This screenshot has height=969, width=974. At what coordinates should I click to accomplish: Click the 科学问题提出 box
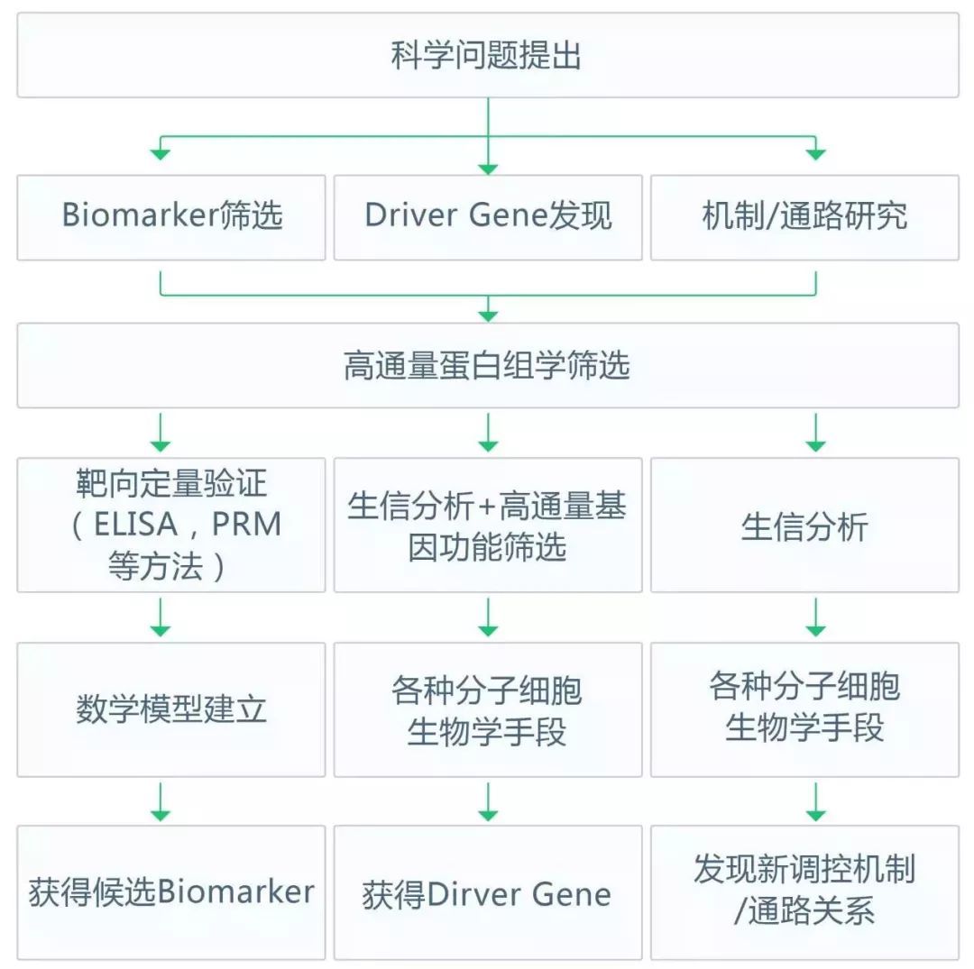point(487,56)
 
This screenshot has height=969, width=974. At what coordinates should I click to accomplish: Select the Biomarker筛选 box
point(171,217)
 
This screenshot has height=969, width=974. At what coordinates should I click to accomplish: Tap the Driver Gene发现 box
point(488,217)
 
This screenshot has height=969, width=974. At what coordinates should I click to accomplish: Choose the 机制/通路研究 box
point(804,217)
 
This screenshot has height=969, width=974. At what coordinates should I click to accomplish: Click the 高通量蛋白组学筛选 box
point(487,365)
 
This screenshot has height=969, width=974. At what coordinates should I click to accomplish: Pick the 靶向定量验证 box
point(171,525)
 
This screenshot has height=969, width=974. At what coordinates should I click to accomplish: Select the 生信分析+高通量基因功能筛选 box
point(488,525)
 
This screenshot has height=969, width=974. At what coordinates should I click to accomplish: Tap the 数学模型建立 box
point(171,709)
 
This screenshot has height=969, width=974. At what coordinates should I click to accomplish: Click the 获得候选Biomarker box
point(171,892)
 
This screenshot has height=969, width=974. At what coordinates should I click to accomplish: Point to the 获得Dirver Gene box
point(488,892)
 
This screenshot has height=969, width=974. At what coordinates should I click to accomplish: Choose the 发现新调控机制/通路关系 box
point(804,892)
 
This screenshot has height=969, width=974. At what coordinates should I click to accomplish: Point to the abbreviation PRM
point(245,526)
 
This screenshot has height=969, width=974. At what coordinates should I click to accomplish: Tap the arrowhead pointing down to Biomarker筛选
point(161,154)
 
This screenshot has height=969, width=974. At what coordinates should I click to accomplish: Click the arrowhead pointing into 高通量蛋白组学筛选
point(488,315)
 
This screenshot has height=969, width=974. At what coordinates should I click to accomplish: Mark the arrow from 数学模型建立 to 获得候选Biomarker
point(161,801)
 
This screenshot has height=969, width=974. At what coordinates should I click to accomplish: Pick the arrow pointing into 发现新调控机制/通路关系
point(815,801)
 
